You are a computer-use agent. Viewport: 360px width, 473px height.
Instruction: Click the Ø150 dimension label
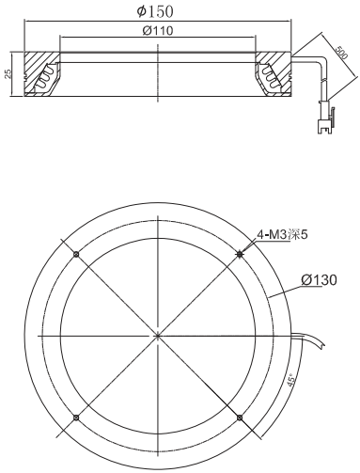click(155, 11)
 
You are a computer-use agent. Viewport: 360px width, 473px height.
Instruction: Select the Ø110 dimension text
click(158, 30)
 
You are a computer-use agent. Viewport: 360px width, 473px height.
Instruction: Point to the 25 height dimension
click(8, 73)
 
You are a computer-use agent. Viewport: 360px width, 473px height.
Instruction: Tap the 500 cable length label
click(341, 53)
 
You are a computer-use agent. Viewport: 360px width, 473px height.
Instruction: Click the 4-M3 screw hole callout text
click(282, 234)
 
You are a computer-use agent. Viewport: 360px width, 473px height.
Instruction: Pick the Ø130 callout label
click(319, 280)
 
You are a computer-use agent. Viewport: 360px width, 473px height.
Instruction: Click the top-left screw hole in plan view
click(76, 254)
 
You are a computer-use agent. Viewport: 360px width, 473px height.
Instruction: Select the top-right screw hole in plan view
click(240, 254)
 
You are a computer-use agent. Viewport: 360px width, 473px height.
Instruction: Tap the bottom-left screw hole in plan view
click(76, 418)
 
